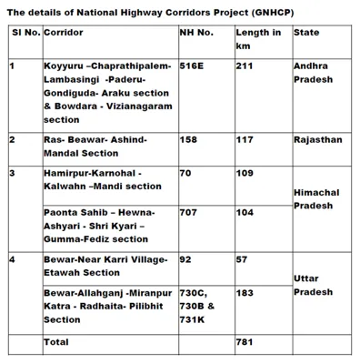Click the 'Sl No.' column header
[24, 32]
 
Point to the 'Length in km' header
[258, 37]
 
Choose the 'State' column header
[306, 32]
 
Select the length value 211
[245, 66]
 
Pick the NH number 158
[188, 140]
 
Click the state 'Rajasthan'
[317, 140]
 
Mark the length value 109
[245, 172]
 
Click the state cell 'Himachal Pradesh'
[315, 199]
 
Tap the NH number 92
[185, 259]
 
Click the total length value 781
[245, 342]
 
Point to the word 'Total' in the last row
[56, 342]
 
